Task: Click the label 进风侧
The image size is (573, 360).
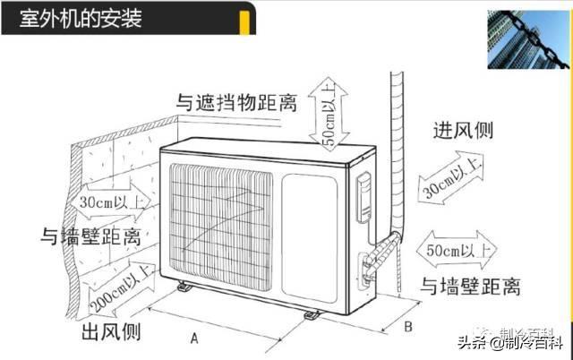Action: tap(463, 129)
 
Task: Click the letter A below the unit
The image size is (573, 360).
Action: tap(193, 338)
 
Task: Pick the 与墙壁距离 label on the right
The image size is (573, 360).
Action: tap(471, 287)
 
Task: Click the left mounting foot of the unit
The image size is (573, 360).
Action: tap(184, 288)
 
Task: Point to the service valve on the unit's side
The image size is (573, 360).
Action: tap(369, 259)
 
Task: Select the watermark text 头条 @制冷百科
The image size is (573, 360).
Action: tap(510, 341)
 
